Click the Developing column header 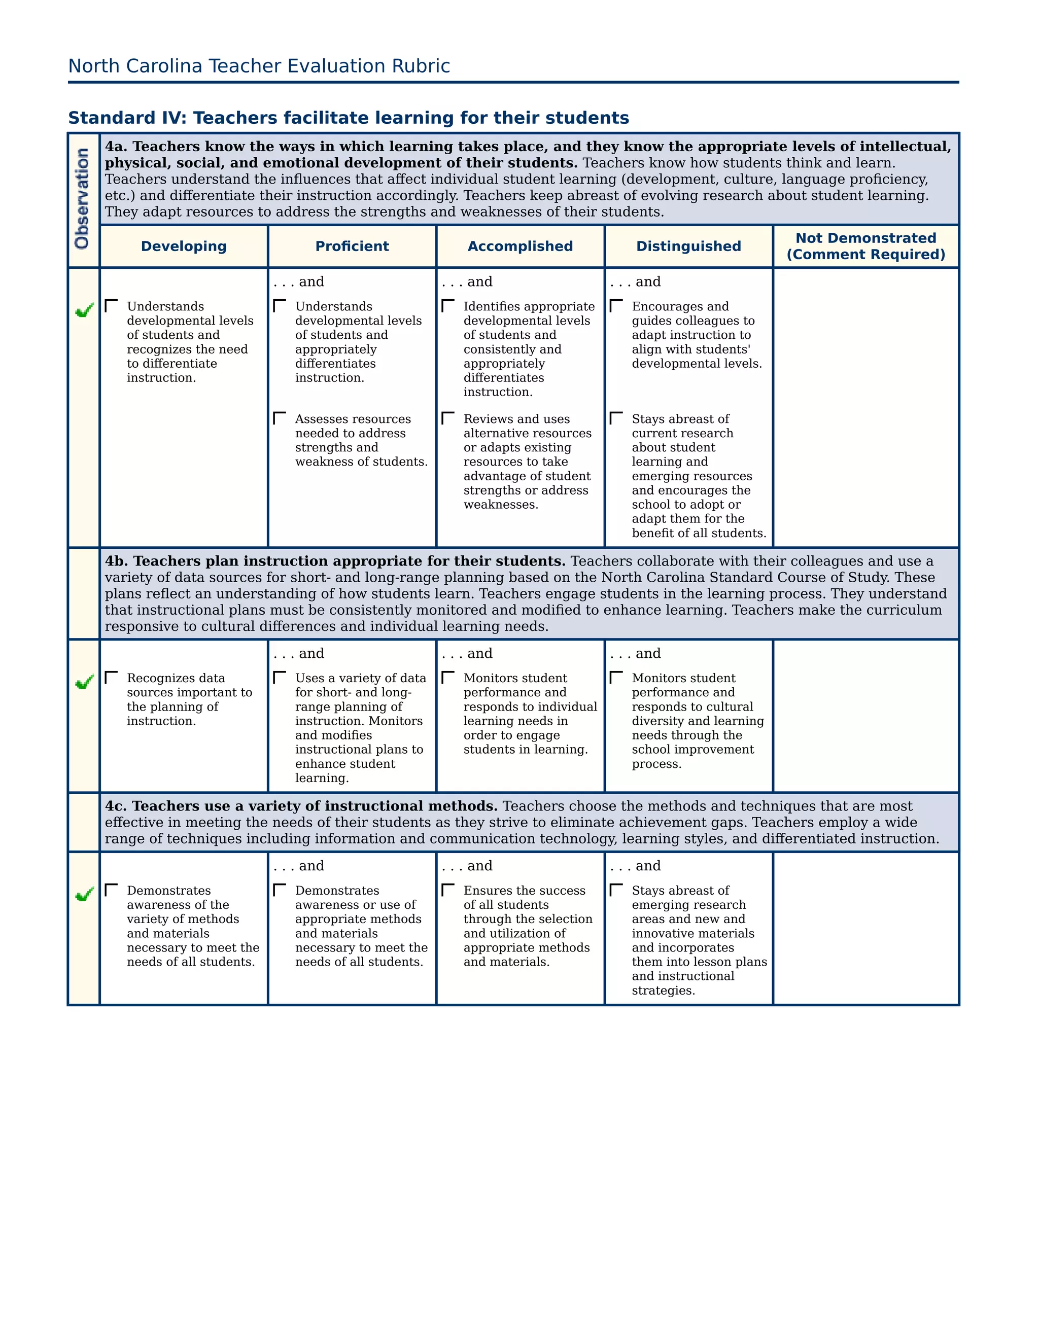click(184, 246)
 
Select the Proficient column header click(352, 246)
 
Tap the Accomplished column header click(520, 246)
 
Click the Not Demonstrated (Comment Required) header click(865, 246)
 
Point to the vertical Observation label click(82, 199)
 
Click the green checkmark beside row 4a click(84, 310)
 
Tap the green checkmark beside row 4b click(84, 682)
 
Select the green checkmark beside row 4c click(84, 894)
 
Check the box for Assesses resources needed click(280, 418)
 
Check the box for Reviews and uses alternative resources click(448, 418)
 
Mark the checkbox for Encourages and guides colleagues click(616, 306)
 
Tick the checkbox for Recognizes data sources click(112, 678)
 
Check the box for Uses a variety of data click(280, 678)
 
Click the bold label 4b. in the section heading click(116, 561)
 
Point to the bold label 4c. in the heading click(116, 806)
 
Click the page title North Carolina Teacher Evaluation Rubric click(259, 66)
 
